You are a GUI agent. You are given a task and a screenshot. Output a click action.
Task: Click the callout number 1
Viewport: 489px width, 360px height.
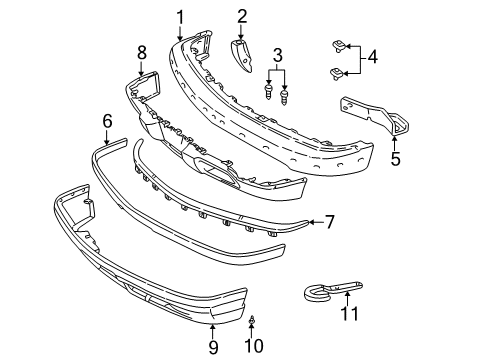click(180, 15)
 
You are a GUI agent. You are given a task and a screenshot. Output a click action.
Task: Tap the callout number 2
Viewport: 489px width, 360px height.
click(242, 15)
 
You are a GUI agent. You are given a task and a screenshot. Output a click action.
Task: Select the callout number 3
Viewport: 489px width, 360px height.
click(279, 54)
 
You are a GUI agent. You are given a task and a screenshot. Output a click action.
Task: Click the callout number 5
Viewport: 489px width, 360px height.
click(395, 158)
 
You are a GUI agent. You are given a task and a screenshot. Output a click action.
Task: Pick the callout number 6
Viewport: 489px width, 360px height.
click(107, 120)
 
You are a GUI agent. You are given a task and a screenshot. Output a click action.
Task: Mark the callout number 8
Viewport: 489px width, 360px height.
click(141, 51)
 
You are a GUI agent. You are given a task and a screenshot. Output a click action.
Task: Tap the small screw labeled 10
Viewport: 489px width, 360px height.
click(251, 322)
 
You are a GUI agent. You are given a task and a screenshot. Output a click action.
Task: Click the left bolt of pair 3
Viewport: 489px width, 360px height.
click(270, 92)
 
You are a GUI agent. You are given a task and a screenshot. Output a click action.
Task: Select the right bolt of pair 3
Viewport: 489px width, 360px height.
click(288, 97)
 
